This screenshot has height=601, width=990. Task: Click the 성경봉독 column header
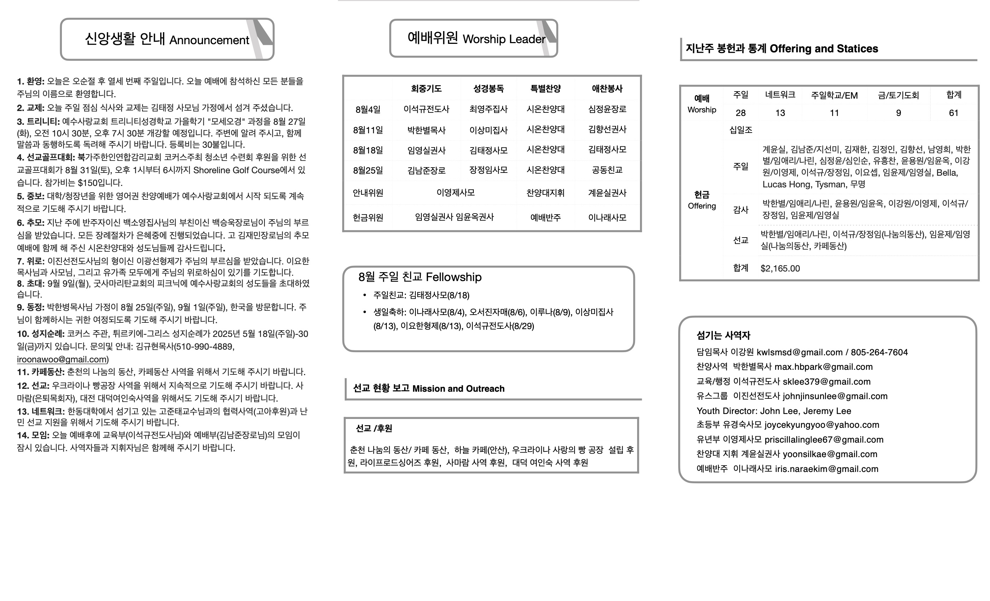pyautogui.click(x=488, y=89)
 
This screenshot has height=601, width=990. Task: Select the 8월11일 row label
pyautogui.click(x=368, y=130)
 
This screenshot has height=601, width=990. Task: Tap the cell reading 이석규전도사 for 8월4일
pyautogui.click(x=426, y=109)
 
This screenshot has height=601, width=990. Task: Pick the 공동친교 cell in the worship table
pyautogui.click(x=607, y=170)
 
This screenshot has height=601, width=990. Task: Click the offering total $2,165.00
pyautogui.click(x=780, y=268)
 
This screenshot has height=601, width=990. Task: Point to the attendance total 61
pyautogui.click(x=954, y=113)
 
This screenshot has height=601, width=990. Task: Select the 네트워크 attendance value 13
pyautogui.click(x=780, y=113)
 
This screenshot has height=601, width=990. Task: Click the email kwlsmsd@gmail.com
pyautogui.click(x=799, y=352)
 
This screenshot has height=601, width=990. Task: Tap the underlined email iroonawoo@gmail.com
pyautogui.click(x=62, y=359)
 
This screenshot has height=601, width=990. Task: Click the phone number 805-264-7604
pyautogui.click(x=879, y=352)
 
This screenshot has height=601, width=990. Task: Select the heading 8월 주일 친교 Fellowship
pyautogui.click(x=420, y=277)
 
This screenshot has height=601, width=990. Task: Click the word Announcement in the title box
pyautogui.click(x=209, y=40)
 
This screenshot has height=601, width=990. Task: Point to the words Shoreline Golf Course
pyautogui.click(x=236, y=170)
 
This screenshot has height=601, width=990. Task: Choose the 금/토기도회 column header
pyautogui.click(x=898, y=95)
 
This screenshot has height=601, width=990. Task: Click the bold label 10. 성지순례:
pyautogui.click(x=41, y=334)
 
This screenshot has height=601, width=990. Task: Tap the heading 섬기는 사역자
pyautogui.click(x=723, y=335)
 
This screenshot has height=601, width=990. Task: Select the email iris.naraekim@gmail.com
pyautogui.click(x=827, y=469)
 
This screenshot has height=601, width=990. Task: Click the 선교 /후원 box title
pyautogui.click(x=374, y=428)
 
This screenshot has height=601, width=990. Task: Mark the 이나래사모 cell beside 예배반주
pyautogui.click(x=607, y=217)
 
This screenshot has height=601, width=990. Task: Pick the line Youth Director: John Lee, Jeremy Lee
pyautogui.click(x=774, y=410)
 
